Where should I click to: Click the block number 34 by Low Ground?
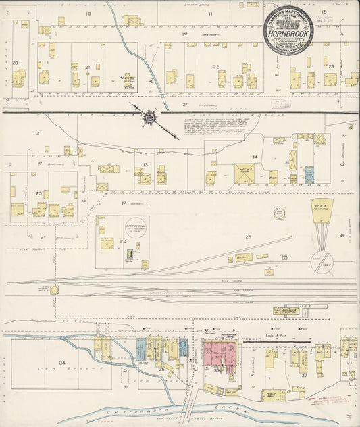63,363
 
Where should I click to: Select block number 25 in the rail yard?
248,236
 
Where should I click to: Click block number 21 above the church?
88,67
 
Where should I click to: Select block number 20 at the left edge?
14,63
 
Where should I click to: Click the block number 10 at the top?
88,13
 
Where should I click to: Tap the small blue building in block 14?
309,174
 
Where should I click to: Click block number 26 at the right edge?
342,236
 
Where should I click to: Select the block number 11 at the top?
210,13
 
